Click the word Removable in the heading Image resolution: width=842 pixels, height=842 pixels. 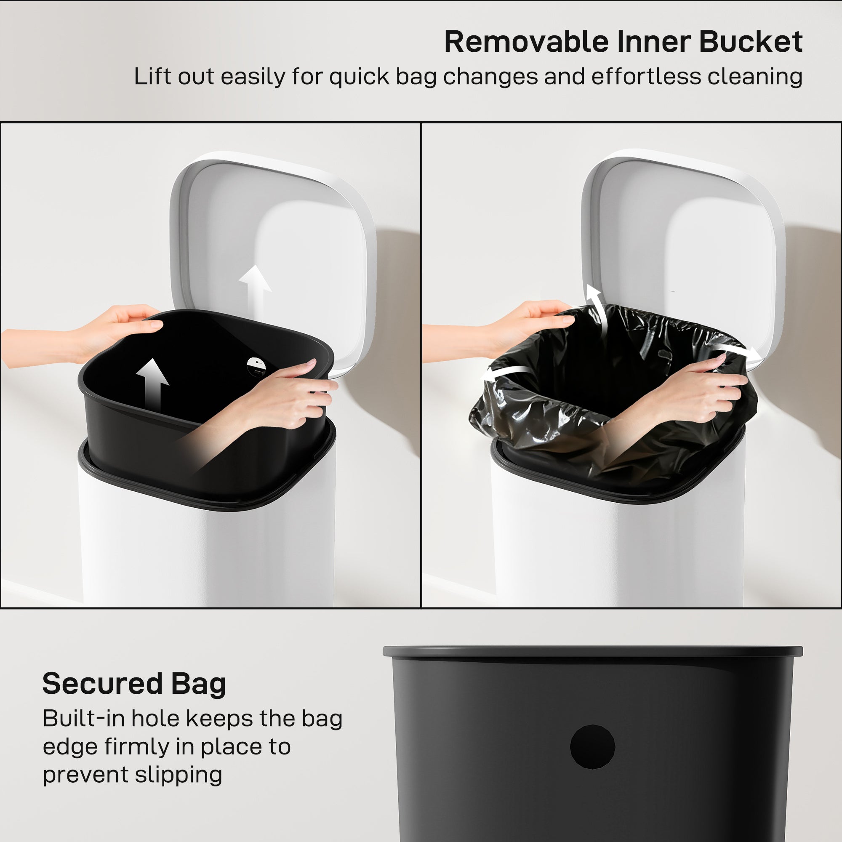click(x=525, y=42)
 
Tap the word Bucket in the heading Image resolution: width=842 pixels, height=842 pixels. click(x=751, y=42)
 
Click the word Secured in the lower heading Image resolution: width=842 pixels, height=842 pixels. click(x=102, y=683)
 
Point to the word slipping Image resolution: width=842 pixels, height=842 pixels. click(x=178, y=775)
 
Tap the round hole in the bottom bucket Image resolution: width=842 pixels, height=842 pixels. click(x=592, y=746)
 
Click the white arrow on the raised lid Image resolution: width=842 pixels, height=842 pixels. click(x=256, y=288)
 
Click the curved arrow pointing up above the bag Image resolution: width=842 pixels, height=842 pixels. click(x=596, y=305)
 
